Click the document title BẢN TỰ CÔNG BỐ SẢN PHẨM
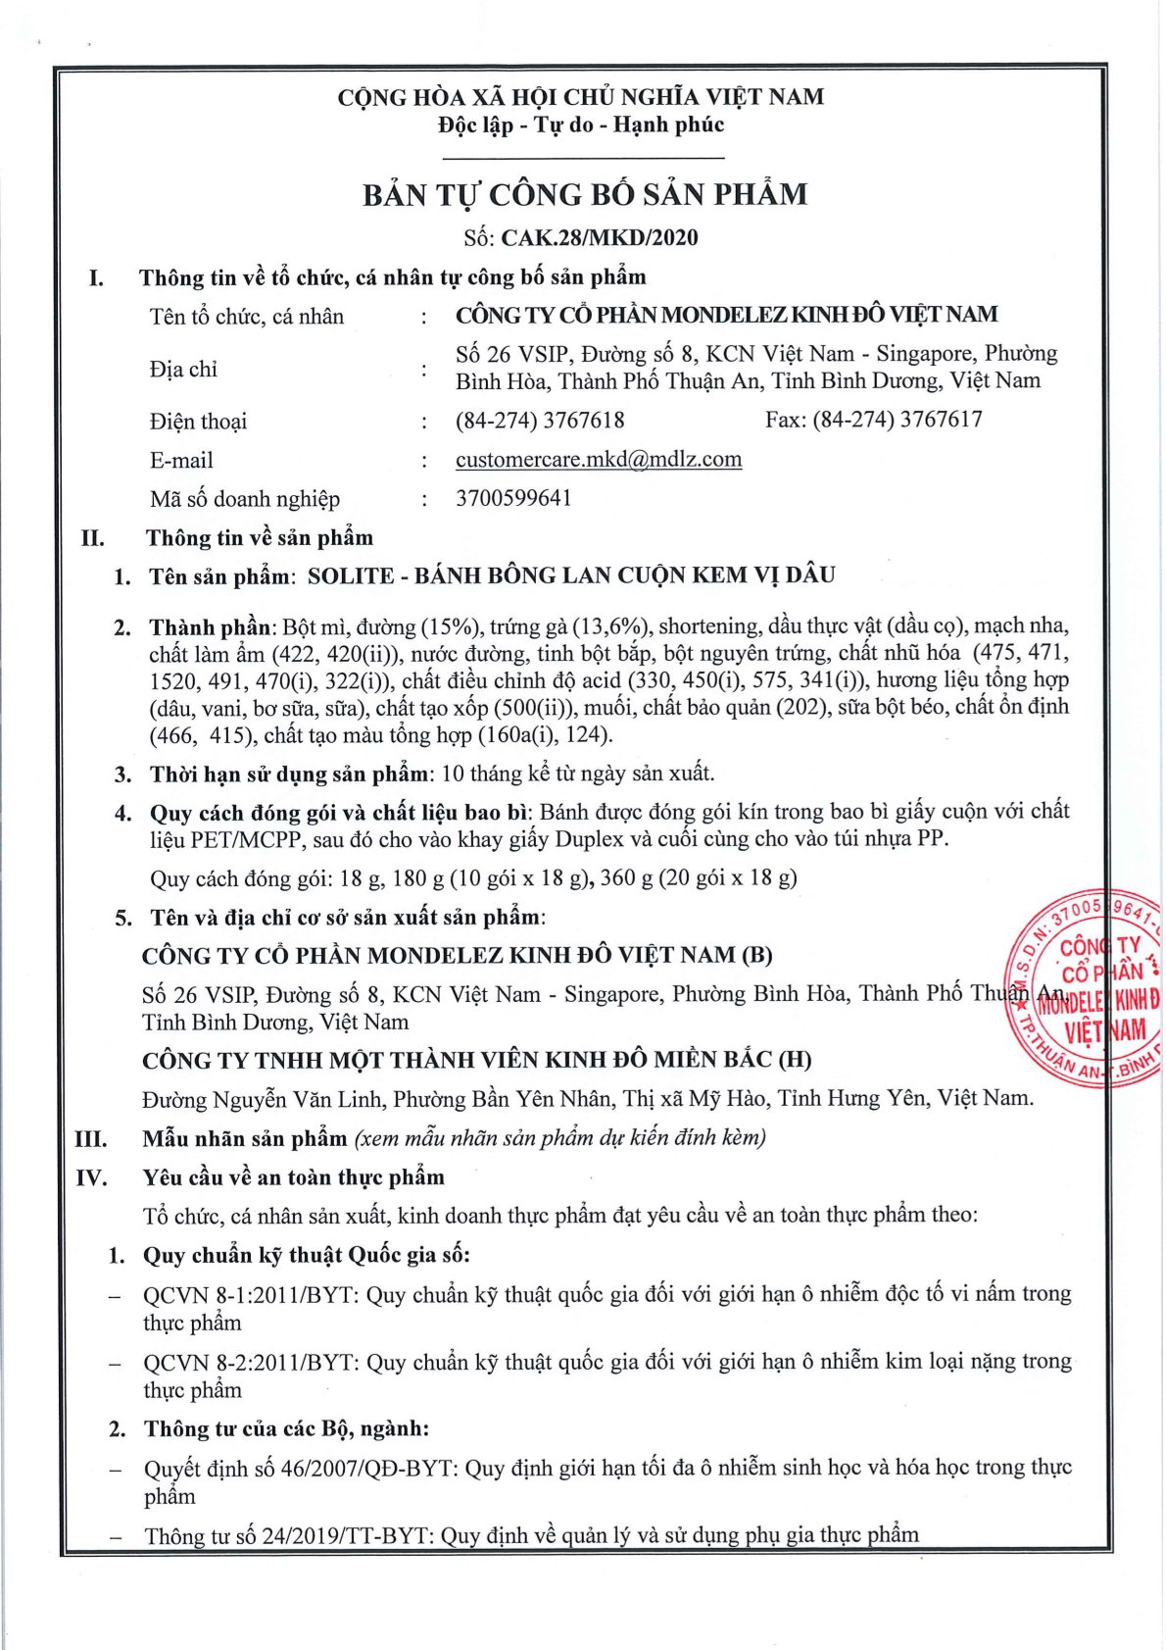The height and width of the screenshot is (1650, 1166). (584, 194)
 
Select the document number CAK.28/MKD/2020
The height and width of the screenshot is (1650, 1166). (600, 237)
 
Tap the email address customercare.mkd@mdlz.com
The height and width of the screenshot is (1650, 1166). (598, 459)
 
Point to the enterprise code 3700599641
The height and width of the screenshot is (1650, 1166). (513, 498)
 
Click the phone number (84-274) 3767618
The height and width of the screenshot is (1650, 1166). (540, 421)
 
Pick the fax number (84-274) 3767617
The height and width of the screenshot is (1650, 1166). (897, 420)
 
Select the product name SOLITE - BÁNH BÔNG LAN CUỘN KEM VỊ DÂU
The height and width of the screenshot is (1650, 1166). (571, 575)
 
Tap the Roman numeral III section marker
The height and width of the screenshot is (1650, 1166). (91, 1139)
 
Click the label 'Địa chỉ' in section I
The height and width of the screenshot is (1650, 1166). (183, 370)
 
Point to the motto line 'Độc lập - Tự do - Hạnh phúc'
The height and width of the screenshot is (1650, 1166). (581, 125)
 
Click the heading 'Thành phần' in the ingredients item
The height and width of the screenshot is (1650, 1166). (210, 626)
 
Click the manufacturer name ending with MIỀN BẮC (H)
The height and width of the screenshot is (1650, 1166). (476, 1060)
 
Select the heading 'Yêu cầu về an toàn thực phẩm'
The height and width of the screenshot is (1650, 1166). (293, 1177)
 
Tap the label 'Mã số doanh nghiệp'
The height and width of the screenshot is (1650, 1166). (245, 499)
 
